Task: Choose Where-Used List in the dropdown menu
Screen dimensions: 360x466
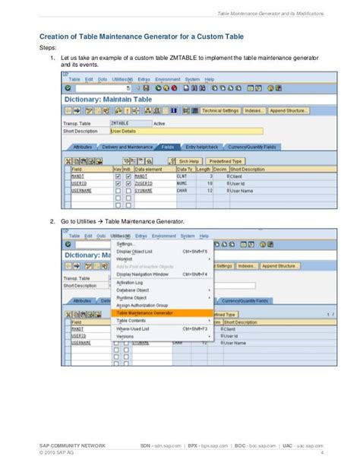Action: (134, 328)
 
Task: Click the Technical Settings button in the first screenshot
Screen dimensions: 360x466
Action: (220, 110)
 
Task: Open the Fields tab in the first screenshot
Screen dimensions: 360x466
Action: (168, 147)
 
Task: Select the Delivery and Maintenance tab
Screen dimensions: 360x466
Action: (128, 147)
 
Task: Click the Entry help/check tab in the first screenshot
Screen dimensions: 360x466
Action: (202, 147)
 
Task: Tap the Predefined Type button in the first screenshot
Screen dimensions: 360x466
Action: (226, 161)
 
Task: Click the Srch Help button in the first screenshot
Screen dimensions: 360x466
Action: (189, 161)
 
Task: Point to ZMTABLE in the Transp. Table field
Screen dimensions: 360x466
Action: (120, 122)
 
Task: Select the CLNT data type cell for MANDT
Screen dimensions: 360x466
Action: (182, 176)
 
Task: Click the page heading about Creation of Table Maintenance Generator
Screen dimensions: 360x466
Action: (143, 36)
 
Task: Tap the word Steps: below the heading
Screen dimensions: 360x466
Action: (47, 47)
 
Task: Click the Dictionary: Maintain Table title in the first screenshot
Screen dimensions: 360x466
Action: (107, 100)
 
